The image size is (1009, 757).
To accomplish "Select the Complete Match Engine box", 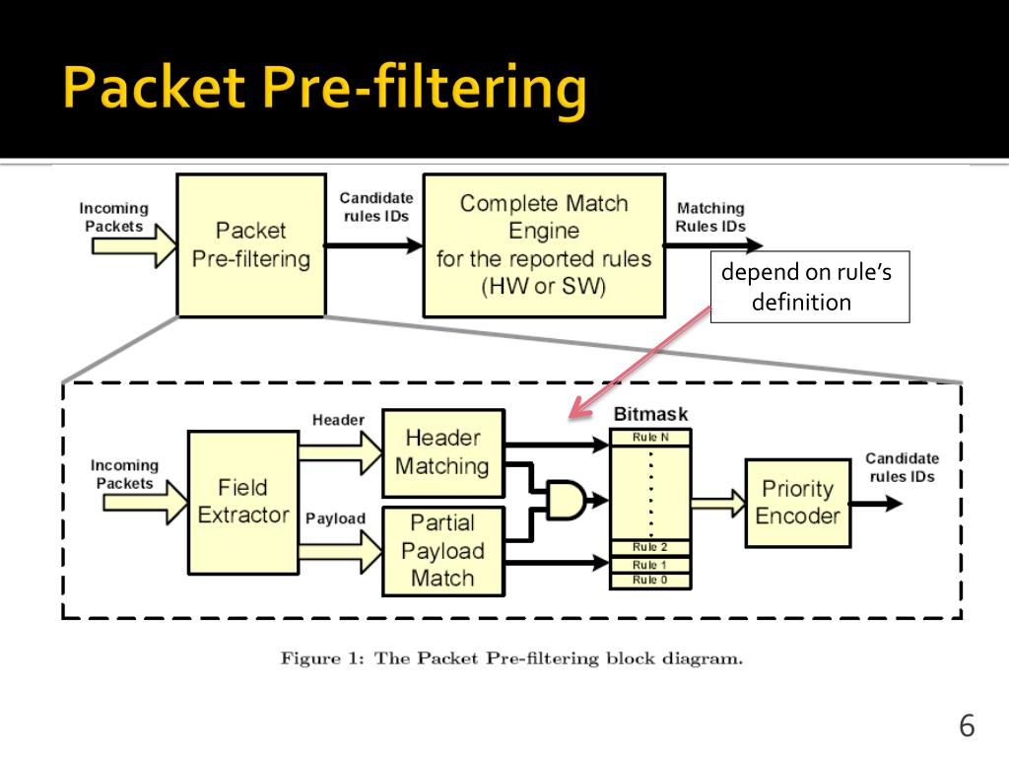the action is pos(544,245).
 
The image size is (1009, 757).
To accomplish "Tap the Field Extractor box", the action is pos(243,502).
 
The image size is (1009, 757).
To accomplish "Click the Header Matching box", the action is pos(443,452).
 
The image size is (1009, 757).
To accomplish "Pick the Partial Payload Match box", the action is pos(443,551).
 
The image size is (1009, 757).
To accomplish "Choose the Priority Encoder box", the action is pos(798,503).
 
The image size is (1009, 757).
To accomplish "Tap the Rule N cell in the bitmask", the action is pos(650,438).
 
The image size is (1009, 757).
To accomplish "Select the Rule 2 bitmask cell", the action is pos(650,547).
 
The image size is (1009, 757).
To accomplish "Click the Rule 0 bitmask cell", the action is pos(650,581).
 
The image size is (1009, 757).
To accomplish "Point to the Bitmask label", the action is pos(650,414).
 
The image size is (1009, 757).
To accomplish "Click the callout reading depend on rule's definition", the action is pos(810,287).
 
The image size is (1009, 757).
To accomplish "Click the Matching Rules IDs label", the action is pos(710,217).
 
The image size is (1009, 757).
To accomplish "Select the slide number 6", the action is pos(967,725).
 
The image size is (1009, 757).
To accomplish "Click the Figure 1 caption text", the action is pos(511,658).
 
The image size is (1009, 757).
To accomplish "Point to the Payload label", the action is pos(335,518).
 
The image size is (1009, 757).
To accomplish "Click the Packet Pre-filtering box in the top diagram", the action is pos(251,245).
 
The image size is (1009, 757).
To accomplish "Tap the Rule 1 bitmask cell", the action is pos(650,565).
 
